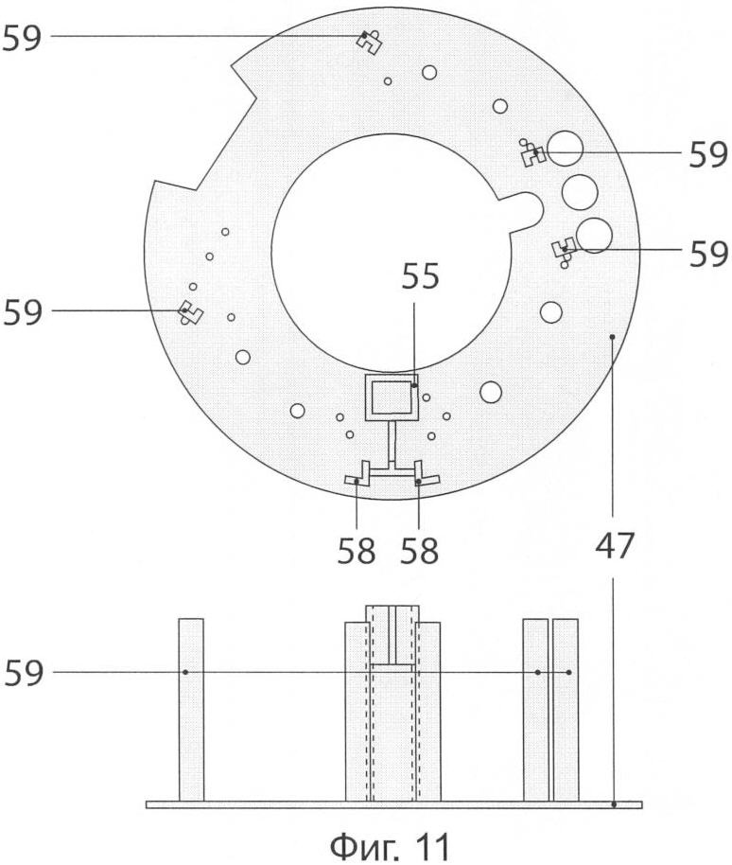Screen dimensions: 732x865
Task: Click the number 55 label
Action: tap(420, 275)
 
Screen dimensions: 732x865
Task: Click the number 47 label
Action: tap(615, 545)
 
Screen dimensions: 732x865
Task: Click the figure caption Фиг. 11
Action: tap(390, 844)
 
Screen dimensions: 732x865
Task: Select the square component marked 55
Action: tap(392, 397)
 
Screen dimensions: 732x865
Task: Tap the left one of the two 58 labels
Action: tap(357, 551)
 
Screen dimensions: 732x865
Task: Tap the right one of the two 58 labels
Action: tap(420, 551)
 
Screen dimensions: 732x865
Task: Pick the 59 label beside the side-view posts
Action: tap(24, 673)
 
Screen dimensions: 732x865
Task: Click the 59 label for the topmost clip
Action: tap(22, 38)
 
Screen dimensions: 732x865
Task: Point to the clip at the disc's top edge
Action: tap(369, 42)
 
